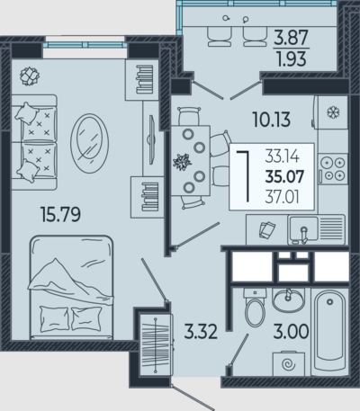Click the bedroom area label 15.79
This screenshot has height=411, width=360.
coord(60,215)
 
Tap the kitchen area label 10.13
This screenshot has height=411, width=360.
coord(272,119)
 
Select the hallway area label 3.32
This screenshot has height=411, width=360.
coord(201,332)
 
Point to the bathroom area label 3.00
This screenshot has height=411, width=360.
coord(291,331)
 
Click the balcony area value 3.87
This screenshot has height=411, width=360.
coord(291,38)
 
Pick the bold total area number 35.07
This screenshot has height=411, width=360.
coord(284,176)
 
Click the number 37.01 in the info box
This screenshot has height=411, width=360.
coord(282,197)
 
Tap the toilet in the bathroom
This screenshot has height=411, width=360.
coord(255,307)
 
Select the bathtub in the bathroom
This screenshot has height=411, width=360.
coord(329,332)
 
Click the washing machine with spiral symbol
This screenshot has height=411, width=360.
coord(289,363)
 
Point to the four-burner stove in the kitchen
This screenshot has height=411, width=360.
coord(333,169)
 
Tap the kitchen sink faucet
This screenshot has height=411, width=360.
coord(304,235)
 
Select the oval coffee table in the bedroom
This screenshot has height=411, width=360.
coord(89,143)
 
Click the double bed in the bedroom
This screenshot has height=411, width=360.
coord(71,288)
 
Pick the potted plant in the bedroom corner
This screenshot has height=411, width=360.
coord(30,76)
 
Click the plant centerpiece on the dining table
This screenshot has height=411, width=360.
coord(182,162)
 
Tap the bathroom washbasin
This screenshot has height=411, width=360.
coord(288,300)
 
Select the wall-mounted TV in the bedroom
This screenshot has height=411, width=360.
coord(152,139)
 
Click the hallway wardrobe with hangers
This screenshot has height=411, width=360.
coord(156,344)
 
